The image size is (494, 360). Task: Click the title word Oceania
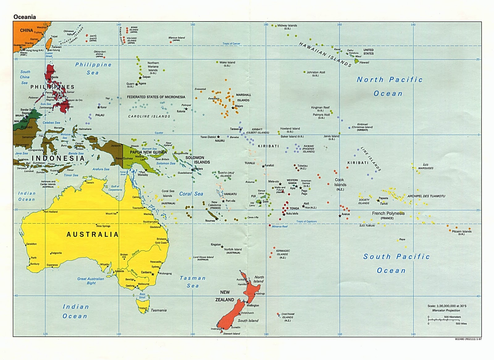point(25,17)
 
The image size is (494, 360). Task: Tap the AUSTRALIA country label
point(92,234)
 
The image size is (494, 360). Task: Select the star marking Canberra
point(153,274)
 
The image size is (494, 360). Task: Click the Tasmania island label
point(159,310)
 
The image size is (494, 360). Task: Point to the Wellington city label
point(253,305)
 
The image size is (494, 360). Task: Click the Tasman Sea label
point(193,282)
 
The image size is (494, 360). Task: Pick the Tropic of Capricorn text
point(306,221)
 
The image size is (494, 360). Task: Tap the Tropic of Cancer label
point(231,44)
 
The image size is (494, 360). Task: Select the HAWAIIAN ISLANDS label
point(325,55)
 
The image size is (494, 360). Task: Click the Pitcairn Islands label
point(462,231)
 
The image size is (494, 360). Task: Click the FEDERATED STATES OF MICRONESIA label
point(156,97)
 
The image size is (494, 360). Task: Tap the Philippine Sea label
point(93,68)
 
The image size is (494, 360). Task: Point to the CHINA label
point(27,30)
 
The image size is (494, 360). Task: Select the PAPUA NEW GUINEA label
point(148,152)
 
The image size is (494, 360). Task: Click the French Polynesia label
point(388,213)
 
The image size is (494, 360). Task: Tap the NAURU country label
point(220,141)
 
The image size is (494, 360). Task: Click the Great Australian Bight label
point(91,281)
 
